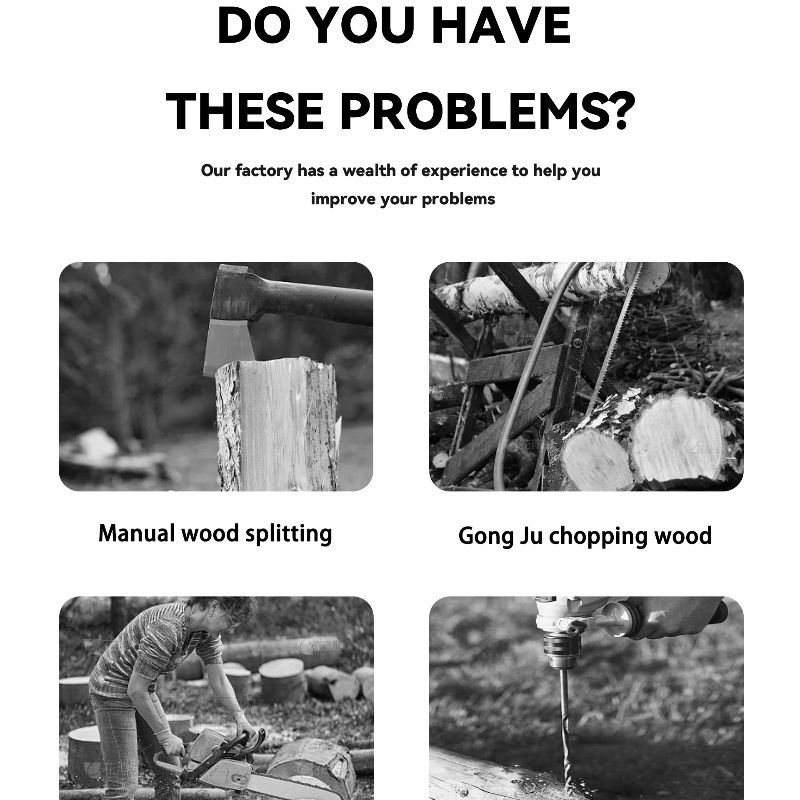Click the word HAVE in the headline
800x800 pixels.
pos(501,26)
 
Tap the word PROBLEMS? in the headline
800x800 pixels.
pos(487,111)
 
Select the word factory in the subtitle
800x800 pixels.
pos(264,171)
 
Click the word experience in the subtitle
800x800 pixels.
pos(464,171)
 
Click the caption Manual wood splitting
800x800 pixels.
pos(215,534)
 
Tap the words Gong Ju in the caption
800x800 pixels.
pos(500,536)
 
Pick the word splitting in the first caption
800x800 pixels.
pos(288,534)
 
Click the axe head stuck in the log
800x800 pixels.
pos(232,319)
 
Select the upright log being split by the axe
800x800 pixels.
pos(277,424)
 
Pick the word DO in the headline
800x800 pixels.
pos(255,26)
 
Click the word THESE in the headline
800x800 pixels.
pos(245,111)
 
